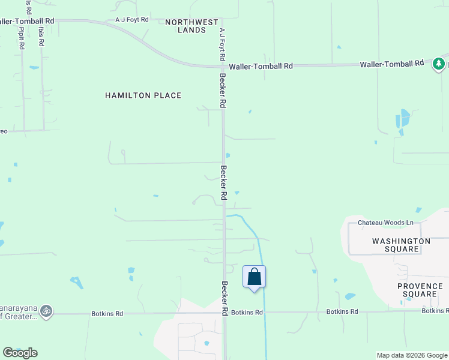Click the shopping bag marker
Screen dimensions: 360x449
tap(254, 277)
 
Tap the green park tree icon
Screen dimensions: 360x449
tap(439, 64)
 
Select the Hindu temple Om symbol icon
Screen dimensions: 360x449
tap(46, 311)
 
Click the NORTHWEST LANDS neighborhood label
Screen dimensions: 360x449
tap(192, 26)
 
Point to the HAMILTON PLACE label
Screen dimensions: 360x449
tap(143, 95)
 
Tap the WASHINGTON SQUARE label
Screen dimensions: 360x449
tap(401, 245)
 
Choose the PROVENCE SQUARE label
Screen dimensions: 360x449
tap(420, 290)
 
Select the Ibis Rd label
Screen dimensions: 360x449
tap(41, 37)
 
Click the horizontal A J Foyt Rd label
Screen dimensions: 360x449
tap(132, 20)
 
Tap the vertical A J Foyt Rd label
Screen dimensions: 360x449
tap(222, 44)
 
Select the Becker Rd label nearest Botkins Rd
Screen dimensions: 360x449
tap(224, 298)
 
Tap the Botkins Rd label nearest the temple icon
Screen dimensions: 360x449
tap(107, 313)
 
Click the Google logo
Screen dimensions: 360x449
tap(20, 353)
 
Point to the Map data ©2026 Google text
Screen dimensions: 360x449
tap(411, 355)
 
